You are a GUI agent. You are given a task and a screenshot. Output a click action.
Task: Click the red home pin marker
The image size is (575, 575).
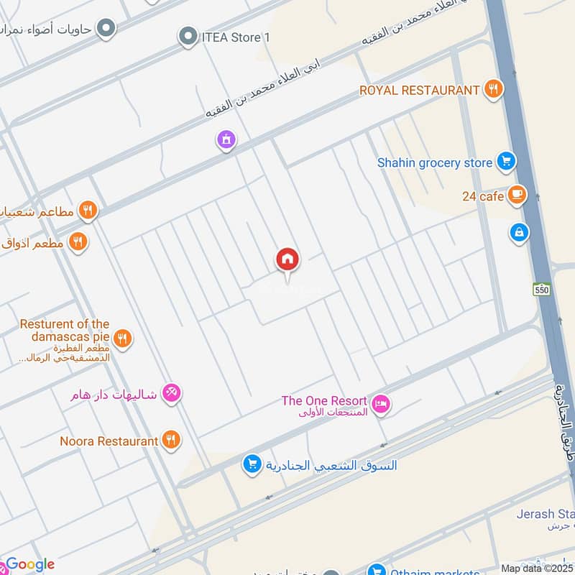coord(287,260)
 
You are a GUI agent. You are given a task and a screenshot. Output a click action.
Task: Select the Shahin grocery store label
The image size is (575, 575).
coord(435,163)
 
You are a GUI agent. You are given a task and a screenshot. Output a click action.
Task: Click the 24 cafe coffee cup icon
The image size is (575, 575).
coord(516,195)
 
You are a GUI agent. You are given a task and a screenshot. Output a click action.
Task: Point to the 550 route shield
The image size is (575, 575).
coord(541,289)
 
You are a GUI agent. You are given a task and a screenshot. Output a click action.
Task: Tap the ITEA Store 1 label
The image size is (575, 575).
coord(235,37)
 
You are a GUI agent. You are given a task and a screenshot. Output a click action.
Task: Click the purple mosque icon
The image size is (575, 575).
coord(226,140)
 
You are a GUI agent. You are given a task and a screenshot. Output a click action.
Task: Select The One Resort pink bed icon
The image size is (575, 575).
coord(382,403)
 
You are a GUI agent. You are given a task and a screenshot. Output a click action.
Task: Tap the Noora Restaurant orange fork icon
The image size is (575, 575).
coord(170,441)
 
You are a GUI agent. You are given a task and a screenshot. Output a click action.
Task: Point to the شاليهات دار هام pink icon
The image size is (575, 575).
coord(172,393)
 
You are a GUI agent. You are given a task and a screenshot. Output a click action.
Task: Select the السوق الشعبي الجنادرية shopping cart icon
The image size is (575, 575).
coord(251,465)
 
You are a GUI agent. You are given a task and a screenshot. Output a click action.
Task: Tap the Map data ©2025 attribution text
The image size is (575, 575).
coord(537,568)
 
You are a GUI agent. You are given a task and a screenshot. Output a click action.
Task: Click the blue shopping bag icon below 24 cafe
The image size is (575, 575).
coord(519,233)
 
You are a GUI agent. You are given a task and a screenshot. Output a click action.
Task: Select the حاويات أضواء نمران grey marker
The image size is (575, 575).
coord(106,29)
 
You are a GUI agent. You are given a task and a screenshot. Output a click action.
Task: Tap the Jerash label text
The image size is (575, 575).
coord(545,514)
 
